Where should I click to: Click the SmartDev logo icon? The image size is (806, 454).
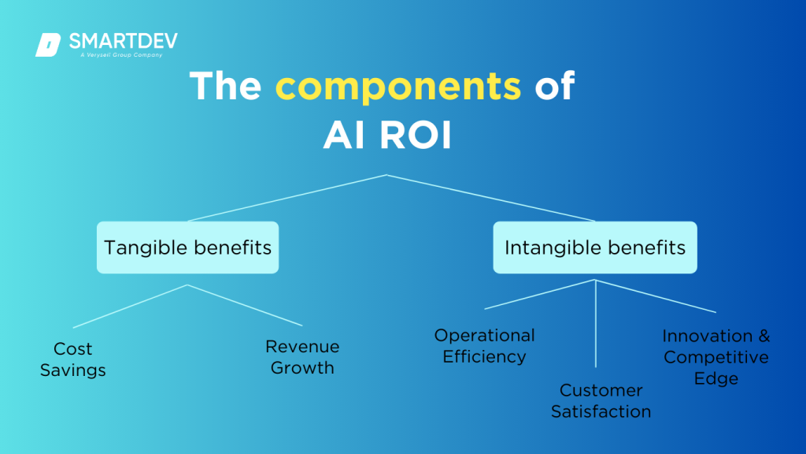tap(48, 45)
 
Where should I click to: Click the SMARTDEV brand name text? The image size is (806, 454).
tap(123, 41)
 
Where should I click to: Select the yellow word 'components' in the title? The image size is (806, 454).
tap(397, 85)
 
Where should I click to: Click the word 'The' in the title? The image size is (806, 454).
tap(227, 85)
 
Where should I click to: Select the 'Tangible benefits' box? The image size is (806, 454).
tap(187, 247)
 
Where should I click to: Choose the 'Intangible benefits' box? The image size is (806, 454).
tap(595, 247)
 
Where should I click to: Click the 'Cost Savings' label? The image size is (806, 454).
tap(72, 359)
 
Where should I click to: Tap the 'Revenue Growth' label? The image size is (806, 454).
tap(302, 357)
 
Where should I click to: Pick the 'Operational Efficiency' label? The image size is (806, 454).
tap(484, 346)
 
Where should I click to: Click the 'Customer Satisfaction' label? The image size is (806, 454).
tap(601, 400)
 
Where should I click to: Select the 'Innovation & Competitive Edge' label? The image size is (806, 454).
tap(716, 357)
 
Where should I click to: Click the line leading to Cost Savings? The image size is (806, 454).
tap(130, 306)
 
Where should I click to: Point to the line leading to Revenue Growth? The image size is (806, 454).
tap(245, 305)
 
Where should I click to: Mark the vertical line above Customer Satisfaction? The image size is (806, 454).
tap(596, 323)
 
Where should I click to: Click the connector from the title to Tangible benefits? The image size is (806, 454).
tap(287, 198)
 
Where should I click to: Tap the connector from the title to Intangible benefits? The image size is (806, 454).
tap(490, 198)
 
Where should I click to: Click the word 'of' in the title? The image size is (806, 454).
tap(555, 85)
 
